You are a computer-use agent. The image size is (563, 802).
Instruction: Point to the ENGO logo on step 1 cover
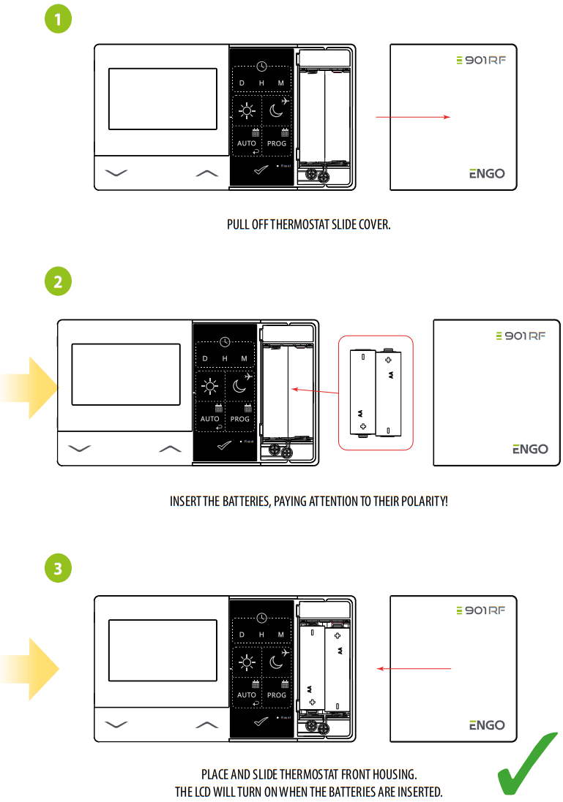[x=487, y=174]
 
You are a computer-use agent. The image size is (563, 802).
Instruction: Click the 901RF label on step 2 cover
[x=521, y=336]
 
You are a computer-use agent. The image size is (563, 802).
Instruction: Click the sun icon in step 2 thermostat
[x=210, y=387]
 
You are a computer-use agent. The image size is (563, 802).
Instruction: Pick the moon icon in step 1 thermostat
[x=276, y=110]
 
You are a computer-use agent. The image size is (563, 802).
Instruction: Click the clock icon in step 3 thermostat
[x=261, y=618]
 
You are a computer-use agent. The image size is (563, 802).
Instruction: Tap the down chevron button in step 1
[x=116, y=173]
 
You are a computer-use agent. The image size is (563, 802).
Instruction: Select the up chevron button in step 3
[x=208, y=725]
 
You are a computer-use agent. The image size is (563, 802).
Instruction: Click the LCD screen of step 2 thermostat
[x=126, y=374]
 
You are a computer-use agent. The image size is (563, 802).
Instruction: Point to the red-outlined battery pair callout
[x=376, y=393]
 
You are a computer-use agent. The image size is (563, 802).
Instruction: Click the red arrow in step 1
[x=414, y=116]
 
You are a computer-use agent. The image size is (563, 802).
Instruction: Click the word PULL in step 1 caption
[x=238, y=224]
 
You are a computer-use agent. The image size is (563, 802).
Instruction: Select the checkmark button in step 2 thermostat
[x=225, y=445]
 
